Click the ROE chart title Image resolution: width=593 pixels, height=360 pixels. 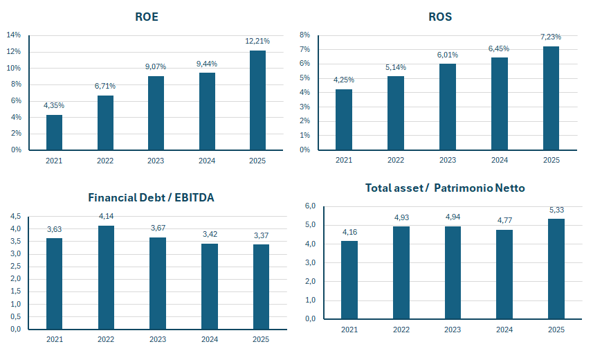pyautogui.click(x=147, y=17)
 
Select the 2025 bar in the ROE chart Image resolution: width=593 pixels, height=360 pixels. pyautogui.click(x=257, y=100)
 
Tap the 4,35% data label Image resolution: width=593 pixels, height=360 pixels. pyautogui.click(x=54, y=105)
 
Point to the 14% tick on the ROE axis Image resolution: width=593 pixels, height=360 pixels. pyautogui.click(x=14, y=35)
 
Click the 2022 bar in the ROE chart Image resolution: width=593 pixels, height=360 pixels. pyautogui.click(x=105, y=123)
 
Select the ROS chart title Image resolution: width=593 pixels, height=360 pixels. pyautogui.click(x=440, y=17)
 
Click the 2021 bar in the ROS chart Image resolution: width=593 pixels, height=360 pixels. pyautogui.click(x=344, y=120)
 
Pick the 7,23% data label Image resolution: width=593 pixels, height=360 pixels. pyautogui.click(x=551, y=37)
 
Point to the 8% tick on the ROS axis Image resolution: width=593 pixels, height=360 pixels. pyautogui.click(x=305, y=35)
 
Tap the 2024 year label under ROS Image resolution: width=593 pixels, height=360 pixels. pyautogui.click(x=499, y=160)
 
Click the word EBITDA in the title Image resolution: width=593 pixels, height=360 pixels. pyautogui.click(x=194, y=197)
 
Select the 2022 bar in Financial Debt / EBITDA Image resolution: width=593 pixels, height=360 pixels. pyautogui.click(x=106, y=278)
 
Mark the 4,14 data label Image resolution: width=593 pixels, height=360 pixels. pyautogui.click(x=106, y=216)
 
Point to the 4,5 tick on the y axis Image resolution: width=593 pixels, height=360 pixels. pyautogui.click(x=15, y=217)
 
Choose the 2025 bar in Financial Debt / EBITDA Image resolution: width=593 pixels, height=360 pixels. pyautogui.click(x=261, y=287)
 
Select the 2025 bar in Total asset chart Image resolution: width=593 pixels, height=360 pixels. pyautogui.click(x=556, y=269)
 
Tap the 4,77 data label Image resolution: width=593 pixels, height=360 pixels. pyautogui.click(x=504, y=220)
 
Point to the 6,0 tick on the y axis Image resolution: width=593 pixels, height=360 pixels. pyautogui.click(x=310, y=206)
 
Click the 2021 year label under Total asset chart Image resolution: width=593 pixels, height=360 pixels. pyautogui.click(x=349, y=330)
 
